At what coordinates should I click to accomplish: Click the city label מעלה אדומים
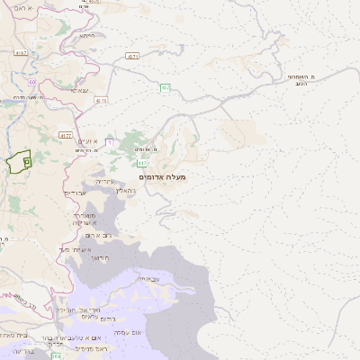point(163,177)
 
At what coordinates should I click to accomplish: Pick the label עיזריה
point(106,182)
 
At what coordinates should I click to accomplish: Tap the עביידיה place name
point(148,279)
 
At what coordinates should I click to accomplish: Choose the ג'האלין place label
point(125,190)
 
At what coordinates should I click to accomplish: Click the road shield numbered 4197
point(22,53)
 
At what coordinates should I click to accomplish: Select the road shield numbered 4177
point(66,135)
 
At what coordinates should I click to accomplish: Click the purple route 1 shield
point(109,141)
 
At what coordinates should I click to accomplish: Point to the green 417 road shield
point(143,163)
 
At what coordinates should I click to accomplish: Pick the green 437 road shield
point(165,87)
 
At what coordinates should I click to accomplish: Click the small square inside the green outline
point(27,161)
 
